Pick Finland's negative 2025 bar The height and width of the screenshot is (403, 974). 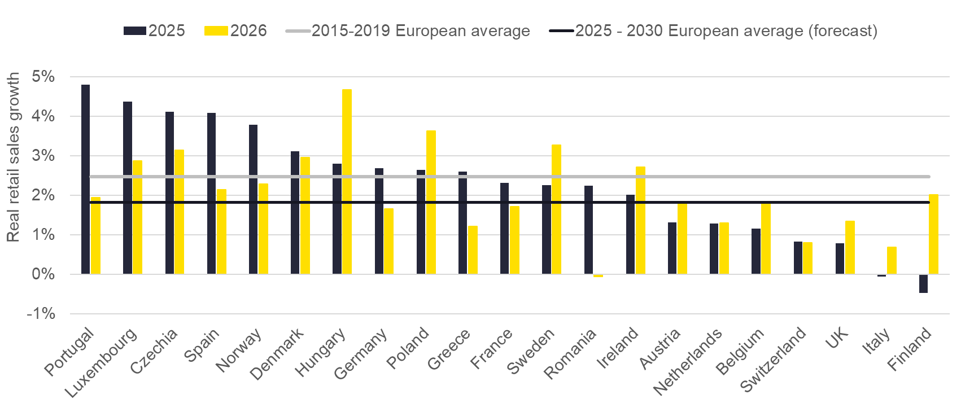point(923,283)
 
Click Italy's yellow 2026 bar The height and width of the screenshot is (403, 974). point(892,260)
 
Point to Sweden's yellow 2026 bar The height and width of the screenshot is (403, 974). point(556,209)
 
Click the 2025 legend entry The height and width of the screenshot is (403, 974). point(154,30)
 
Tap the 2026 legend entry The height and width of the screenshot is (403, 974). point(236,30)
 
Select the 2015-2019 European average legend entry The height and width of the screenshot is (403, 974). point(408,30)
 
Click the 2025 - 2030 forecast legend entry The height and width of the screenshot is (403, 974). point(714,30)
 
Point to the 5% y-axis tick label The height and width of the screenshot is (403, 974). point(43,77)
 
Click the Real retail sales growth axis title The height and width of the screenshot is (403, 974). point(13,157)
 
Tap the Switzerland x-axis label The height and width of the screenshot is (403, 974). point(773,360)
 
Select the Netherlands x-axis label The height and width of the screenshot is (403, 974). point(688,361)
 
